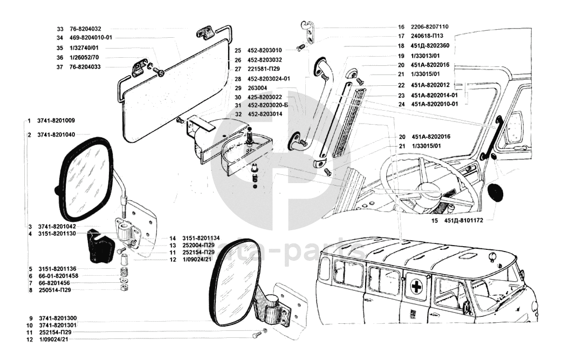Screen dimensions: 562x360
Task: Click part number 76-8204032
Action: [x=85, y=29]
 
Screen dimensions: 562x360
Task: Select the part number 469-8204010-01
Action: [x=91, y=38]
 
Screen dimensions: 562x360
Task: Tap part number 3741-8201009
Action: [x=56, y=121]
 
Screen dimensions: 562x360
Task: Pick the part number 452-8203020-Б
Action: [x=268, y=105]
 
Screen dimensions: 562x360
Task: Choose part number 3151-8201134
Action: [x=201, y=238]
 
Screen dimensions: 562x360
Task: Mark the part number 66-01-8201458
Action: [x=58, y=276]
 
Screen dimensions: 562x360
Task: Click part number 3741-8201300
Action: [x=58, y=318]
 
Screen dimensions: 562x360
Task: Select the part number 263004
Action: [x=257, y=88]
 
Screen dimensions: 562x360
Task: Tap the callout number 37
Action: [x=59, y=67]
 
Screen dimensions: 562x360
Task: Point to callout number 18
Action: [x=401, y=46]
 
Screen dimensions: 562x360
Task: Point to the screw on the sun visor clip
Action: [x=161, y=73]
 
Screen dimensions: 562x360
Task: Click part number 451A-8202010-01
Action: [x=434, y=104]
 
